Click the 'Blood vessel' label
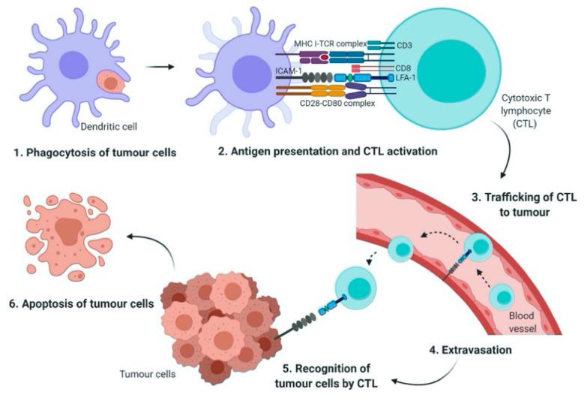tap(523, 321)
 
